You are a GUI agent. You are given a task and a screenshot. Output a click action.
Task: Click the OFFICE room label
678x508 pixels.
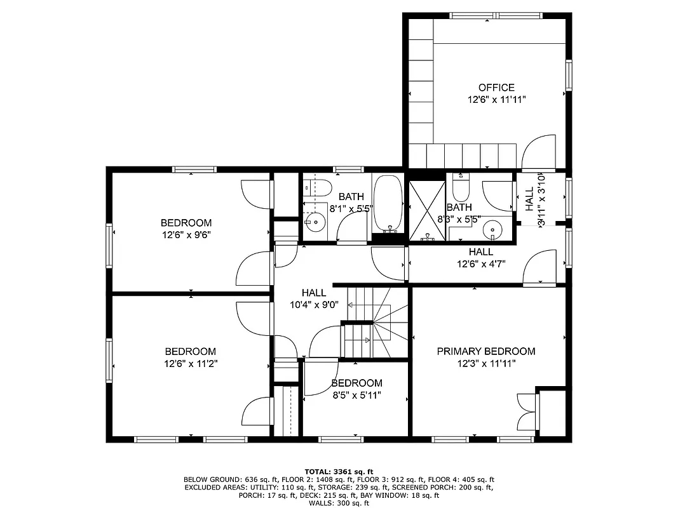[x=496, y=87]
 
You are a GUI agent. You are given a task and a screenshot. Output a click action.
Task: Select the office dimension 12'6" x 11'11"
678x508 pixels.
[x=496, y=100]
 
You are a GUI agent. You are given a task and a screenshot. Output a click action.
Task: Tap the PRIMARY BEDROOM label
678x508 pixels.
[x=485, y=351]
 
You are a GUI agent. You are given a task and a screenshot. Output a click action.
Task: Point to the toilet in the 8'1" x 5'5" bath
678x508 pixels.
[x=317, y=187]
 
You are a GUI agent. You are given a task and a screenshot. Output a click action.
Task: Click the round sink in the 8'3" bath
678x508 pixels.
[x=492, y=228]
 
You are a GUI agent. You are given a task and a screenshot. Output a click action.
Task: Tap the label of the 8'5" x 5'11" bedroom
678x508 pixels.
[x=356, y=383]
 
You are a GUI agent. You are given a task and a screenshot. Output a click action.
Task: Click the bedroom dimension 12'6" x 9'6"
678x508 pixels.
[x=186, y=234]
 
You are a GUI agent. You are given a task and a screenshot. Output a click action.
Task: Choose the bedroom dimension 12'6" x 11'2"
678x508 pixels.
[x=190, y=364]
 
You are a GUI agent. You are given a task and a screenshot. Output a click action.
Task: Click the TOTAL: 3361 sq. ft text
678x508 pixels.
[x=339, y=471]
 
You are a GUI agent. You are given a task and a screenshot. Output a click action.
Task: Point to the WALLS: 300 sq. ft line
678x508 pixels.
[x=339, y=503]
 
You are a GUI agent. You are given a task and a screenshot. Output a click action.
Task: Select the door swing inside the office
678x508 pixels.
[x=537, y=152]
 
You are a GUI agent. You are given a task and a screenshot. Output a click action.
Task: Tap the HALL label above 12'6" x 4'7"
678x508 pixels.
[x=480, y=252]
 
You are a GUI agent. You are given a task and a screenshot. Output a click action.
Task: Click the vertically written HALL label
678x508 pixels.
[x=529, y=199]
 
